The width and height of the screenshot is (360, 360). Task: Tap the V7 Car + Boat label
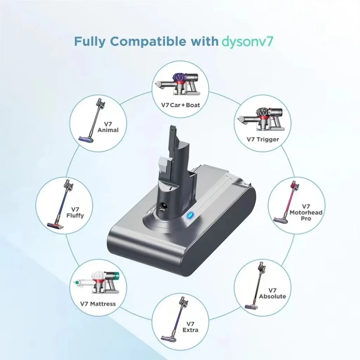(181, 105)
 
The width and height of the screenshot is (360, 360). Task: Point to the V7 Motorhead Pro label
(306, 212)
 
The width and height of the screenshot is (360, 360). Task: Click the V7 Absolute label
(272, 293)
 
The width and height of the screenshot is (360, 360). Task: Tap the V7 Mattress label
(98, 304)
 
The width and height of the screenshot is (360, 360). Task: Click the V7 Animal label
(108, 127)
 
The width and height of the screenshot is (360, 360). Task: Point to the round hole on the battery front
(160, 208)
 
